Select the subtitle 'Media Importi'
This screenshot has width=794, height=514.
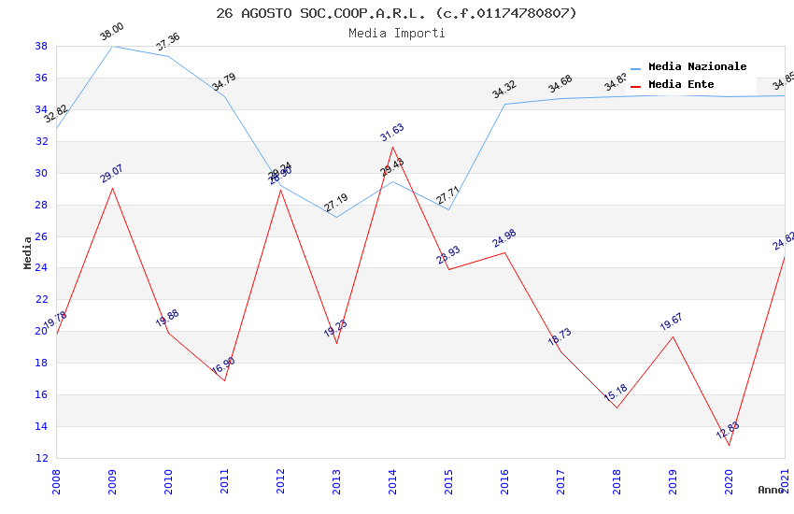pyautogui.click(x=396, y=33)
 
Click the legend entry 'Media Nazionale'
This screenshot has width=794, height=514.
pyautogui.click(x=697, y=66)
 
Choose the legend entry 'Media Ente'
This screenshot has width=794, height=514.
pyautogui.click(x=681, y=84)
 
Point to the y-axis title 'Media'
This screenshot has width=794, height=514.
pyautogui.click(x=28, y=252)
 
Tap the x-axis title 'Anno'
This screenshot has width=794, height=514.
pyautogui.click(x=771, y=490)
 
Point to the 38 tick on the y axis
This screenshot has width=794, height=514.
pyautogui.click(x=41, y=46)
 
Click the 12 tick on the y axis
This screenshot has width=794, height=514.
pyautogui.click(x=41, y=458)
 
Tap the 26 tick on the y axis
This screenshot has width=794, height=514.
pyautogui.click(x=41, y=236)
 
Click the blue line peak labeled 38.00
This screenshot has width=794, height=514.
pyautogui.click(x=112, y=46)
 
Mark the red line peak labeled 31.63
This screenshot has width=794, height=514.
pyautogui.click(x=392, y=147)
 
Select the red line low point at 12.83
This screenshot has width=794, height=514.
pyautogui.click(x=729, y=445)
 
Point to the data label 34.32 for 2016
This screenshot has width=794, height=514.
pyautogui.click(x=504, y=90)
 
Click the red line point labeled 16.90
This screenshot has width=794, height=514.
pyautogui.click(x=224, y=380)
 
